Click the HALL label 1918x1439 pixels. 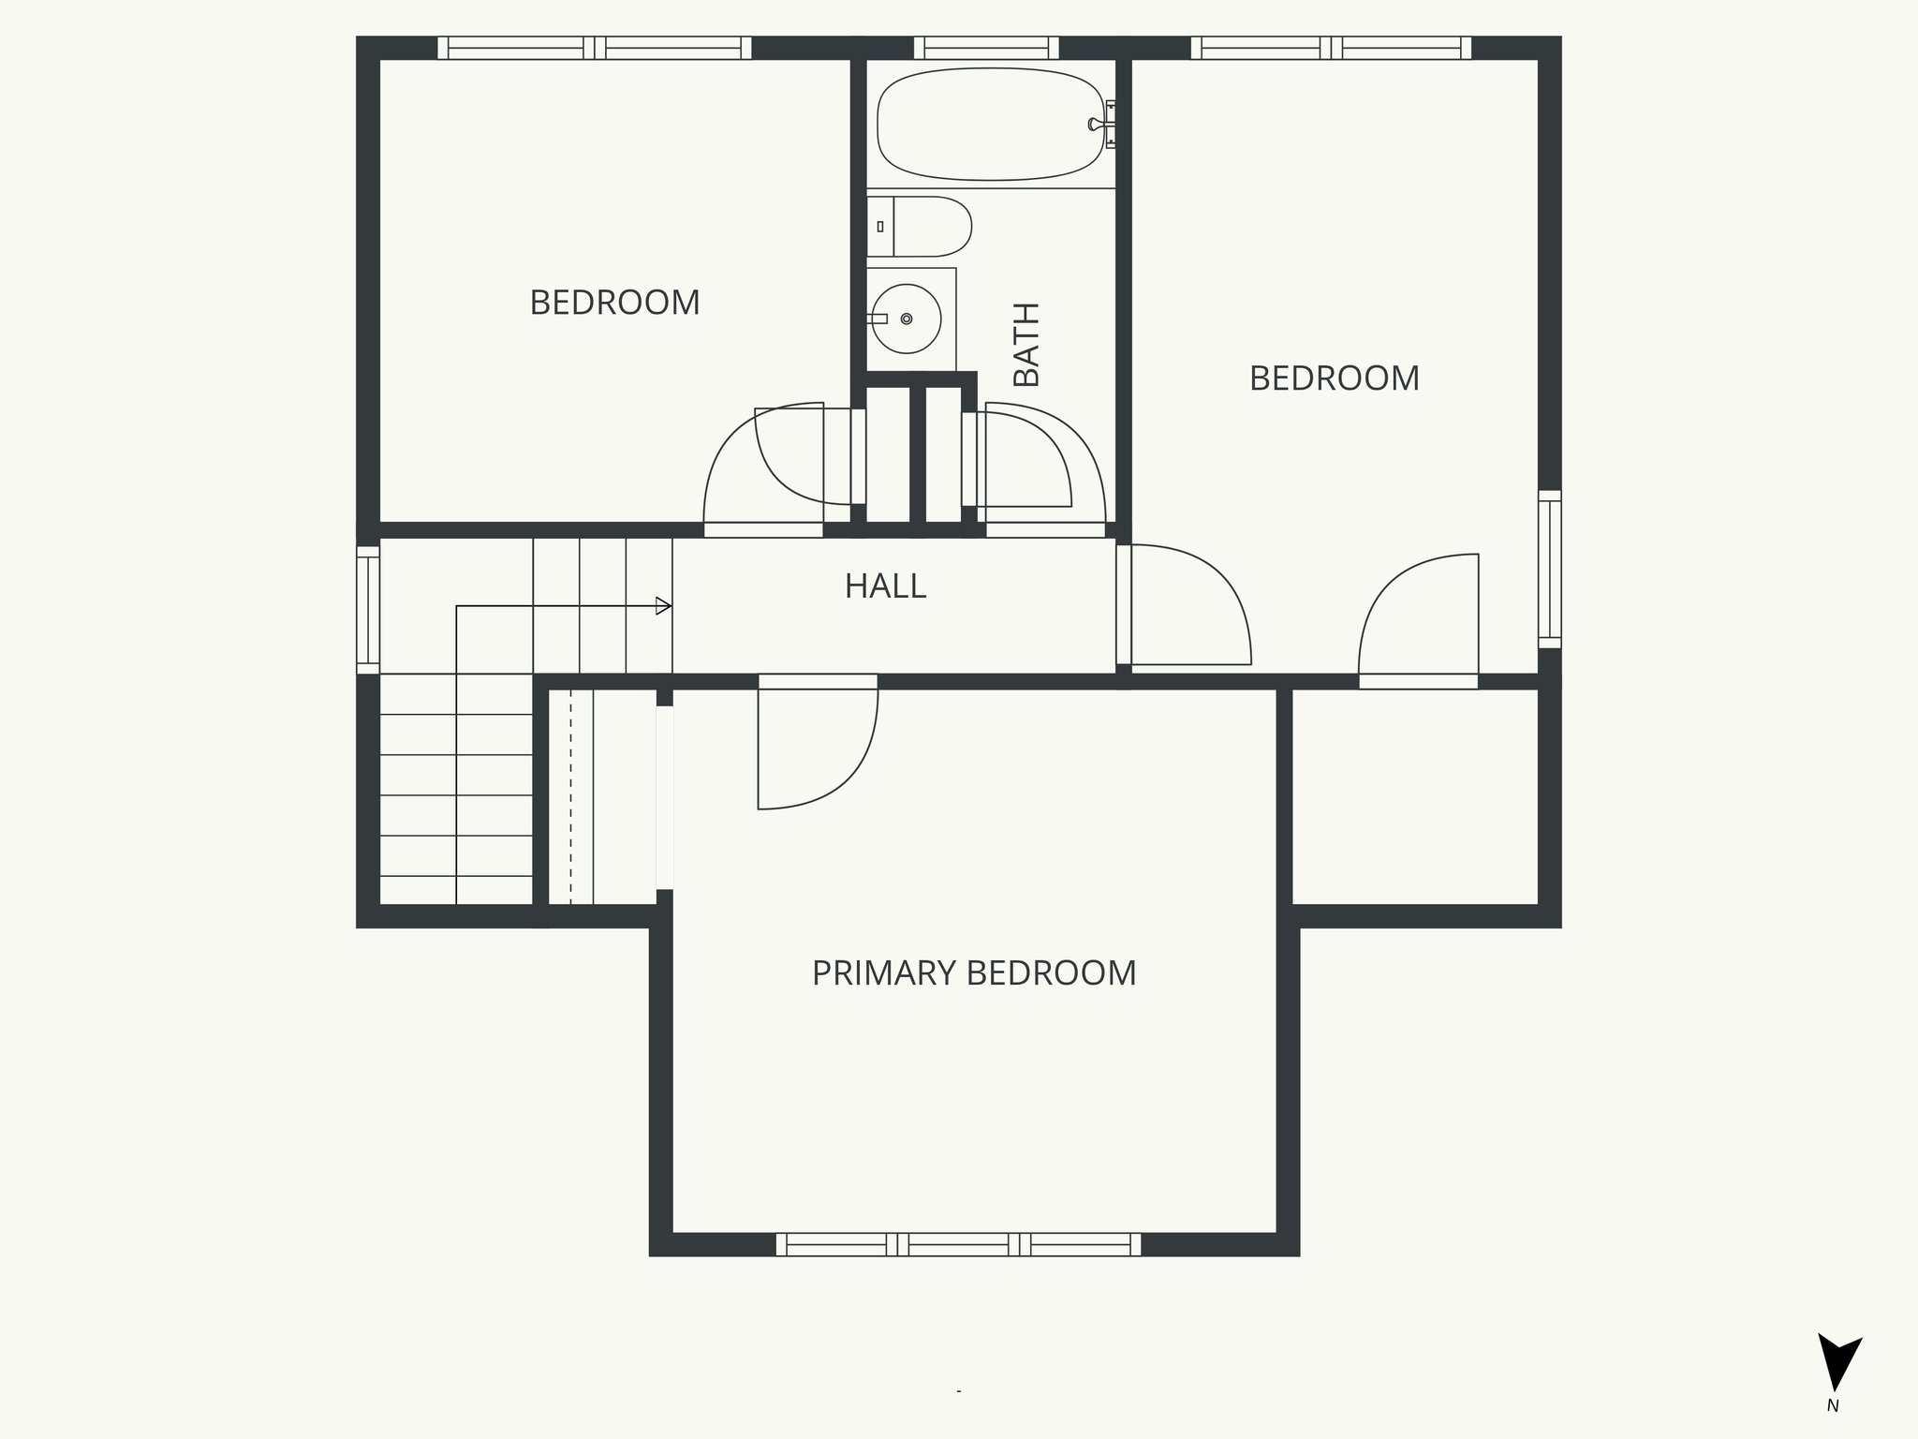coord(885,586)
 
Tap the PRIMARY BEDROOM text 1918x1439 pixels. coord(974,973)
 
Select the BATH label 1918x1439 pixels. coord(1026,344)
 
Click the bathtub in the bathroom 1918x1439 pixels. coord(990,124)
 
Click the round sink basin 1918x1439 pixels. coord(905,319)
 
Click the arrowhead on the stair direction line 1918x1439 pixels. coord(663,606)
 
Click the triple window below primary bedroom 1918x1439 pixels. coord(959,1244)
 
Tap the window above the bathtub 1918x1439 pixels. coord(986,48)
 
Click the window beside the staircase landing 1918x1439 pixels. coord(368,610)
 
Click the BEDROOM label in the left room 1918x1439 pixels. coord(614,303)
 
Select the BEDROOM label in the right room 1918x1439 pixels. coord(1334,378)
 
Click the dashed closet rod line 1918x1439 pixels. coord(570,796)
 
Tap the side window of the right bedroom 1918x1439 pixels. coord(1550,569)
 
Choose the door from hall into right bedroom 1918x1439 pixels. coord(1189,604)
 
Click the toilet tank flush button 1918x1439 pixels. coord(880,227)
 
